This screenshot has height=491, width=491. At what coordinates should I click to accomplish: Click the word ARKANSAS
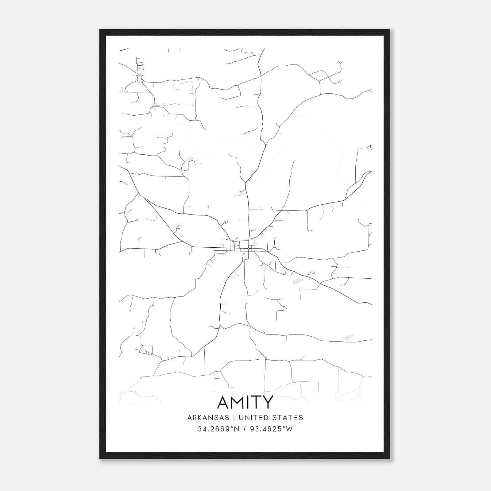click(208, 418)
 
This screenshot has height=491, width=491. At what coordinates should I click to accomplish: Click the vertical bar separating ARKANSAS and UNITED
click(234, 418)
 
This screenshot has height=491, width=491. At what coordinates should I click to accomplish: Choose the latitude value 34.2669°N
click(218, 429)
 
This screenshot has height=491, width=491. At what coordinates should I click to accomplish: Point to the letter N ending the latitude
click(236, 429)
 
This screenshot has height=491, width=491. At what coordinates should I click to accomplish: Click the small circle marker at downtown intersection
click(248, 248)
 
